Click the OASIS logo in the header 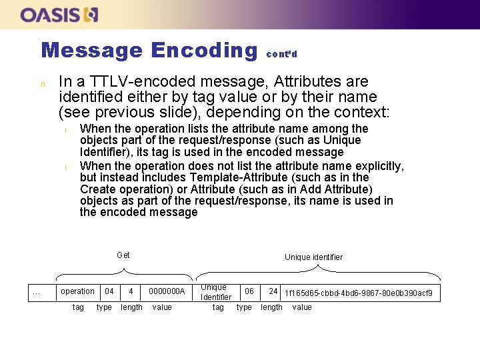(59, 14)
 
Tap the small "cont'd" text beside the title (281, 54)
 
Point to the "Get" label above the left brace (123, 255)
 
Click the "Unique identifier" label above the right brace (313, 257)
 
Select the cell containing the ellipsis (37, 291)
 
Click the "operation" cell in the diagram (77, 291)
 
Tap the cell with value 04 (109, 291)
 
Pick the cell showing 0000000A (166, 291)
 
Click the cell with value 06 (249, 291)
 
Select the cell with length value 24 (273, 291)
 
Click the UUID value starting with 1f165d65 (359, 293)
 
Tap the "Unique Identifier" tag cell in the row (216, 292)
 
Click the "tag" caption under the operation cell (78, 307)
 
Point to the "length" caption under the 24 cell (271, 307)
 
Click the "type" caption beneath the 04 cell (104, 307)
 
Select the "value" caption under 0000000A (162, 307)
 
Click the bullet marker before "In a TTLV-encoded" (42, 85)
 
